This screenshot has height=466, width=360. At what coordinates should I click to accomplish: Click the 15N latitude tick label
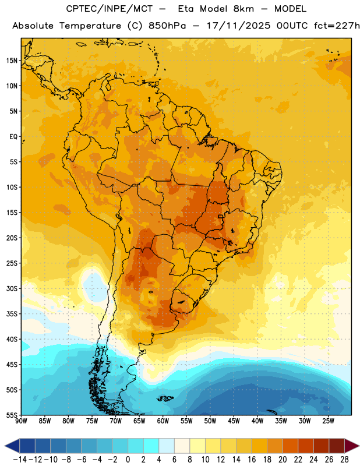pos(12,61)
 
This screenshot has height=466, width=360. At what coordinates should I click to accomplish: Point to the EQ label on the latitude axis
pos(13,137)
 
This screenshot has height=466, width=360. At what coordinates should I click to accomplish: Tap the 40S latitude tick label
pos(12,339)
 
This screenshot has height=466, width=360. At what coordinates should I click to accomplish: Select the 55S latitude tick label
pos(12,415)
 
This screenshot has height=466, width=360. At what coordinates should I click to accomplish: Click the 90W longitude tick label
pos(21,421)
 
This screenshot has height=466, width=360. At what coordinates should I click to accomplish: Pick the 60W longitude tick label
pos(163,421)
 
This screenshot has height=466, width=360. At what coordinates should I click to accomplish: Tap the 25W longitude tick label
pos(328,421)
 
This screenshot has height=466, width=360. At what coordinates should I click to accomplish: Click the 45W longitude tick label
pos(234,421)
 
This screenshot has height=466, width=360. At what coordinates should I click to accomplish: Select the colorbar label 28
pos(344,460)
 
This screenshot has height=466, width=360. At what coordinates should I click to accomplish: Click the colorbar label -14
pos(20,460)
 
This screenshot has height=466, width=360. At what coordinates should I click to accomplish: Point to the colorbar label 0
pos(128,460)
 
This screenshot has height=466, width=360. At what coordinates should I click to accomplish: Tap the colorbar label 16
pos(252,460)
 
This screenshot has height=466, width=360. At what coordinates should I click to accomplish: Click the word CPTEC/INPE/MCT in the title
pos(109,9)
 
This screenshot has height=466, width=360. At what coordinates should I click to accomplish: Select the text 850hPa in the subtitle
pos(167,26)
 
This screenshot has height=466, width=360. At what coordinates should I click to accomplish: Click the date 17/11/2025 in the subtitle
pos(238,26)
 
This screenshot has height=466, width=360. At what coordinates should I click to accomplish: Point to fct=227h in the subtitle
pos(337,26)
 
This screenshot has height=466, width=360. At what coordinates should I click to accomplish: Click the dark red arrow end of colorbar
pos(352,446)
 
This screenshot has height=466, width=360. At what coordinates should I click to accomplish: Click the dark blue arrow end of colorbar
pos(12,446)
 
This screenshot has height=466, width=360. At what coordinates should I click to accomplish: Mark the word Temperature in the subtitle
pos(90,26)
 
